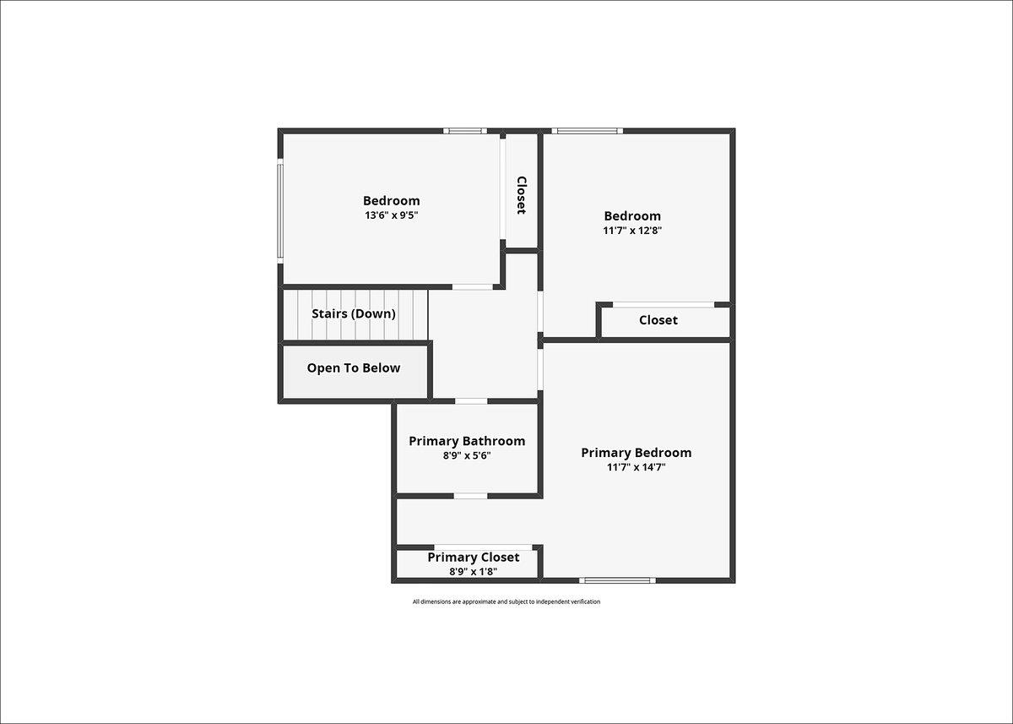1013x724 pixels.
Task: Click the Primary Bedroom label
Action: click(636, 453)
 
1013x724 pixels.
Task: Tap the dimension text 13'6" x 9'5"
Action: click(391, 215)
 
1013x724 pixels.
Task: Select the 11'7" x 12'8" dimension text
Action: click(632, 231)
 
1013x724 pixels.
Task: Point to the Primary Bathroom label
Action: click(467, 441)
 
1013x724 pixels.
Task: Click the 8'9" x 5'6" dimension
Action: click(467, 455)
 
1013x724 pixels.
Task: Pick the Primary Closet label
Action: click(473, 557)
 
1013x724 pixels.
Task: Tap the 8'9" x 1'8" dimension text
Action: click(473, 571)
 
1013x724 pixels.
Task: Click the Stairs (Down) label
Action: click(354, 313)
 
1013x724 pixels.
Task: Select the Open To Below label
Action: click(354, 367)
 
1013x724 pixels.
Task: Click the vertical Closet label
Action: click(522, 195)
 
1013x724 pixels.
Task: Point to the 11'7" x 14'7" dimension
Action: click(636, 467)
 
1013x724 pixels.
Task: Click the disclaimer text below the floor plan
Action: click(506, 602)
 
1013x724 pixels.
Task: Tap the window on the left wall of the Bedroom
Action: click(280, 211)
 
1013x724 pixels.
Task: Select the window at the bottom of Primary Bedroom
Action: click(617, 580)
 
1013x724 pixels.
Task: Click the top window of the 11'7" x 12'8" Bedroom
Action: click(587, 131)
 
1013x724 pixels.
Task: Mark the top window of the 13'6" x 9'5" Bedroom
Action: click(465, 131)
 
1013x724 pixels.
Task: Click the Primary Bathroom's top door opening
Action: click(471, 401)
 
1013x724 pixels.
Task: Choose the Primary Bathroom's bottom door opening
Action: click(470, 497)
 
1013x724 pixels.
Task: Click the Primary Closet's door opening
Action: click(483, 547)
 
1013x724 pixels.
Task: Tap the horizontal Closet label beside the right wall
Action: click(658, 320)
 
